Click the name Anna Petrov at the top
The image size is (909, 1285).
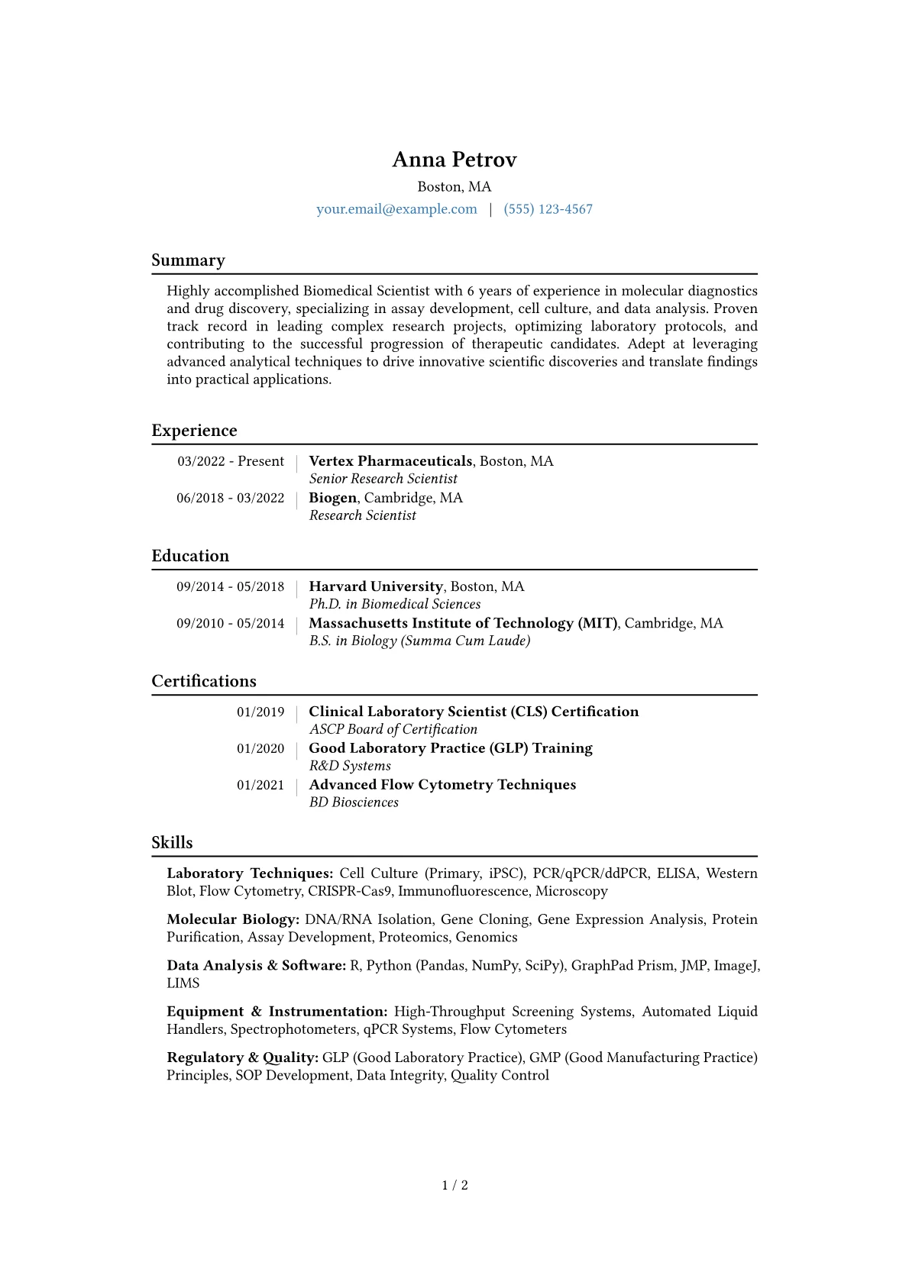pyautogui.click(x=454, y=160)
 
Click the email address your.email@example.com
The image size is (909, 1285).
pyautogui.click(x=396, y=209)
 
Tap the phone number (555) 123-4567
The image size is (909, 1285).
pyautogui.click(x=548, y=209)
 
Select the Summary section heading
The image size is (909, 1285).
pyautogui.click(x=188, y=260)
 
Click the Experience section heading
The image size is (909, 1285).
pyautogui.click(x=194, y=431)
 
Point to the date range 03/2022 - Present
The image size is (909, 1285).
pyautogui.click(x=231, y=461)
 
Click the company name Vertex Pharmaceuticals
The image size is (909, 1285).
pyautogui.click(x=390, y=461)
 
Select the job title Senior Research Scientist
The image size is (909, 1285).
pyautogui.click(x=383, y=479)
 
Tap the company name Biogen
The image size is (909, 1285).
pyautogui.click(x=333, y=498)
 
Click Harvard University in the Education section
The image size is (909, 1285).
pyautogui.click(x=376, y=586)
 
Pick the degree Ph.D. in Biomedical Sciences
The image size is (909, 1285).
pyautogui.click(x=395, y=604)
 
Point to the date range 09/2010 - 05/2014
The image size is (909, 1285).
pyautogui.click(x=230, y=623)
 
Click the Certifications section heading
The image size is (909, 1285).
pyautogui.click(x=204, y=681)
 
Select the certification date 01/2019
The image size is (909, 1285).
pyautogui.click(x=260, y=712)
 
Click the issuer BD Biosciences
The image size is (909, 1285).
pyautogui.click(x=354, y=802)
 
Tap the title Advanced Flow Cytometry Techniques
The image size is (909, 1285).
pyautogui.click(x=442, y=785)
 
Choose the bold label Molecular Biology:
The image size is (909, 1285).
pyautogui.click(x=232, y=919)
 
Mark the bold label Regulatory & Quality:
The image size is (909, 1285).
pyautogui.click(x=242, y=1057)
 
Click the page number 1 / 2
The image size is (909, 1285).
pyautogui.click(x=454, y=1185)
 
